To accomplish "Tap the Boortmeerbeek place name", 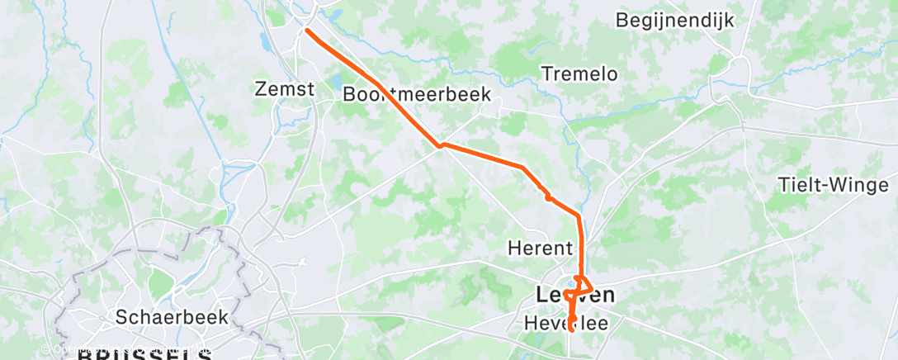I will pos(417,95).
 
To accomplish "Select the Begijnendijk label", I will pos(675,20).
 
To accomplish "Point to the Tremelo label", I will pos(579,73).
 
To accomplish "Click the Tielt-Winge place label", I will pos(833,185).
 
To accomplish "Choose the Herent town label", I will pos(540,247).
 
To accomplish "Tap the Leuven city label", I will pos(574,295).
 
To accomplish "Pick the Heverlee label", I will pos(566,324).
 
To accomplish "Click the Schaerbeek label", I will pos(171,317).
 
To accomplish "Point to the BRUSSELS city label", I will pos(144,354).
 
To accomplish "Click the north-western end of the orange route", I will pos(307,31).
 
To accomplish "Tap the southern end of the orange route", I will pos(571,329).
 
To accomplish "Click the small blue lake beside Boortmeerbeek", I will pos(337,82).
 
